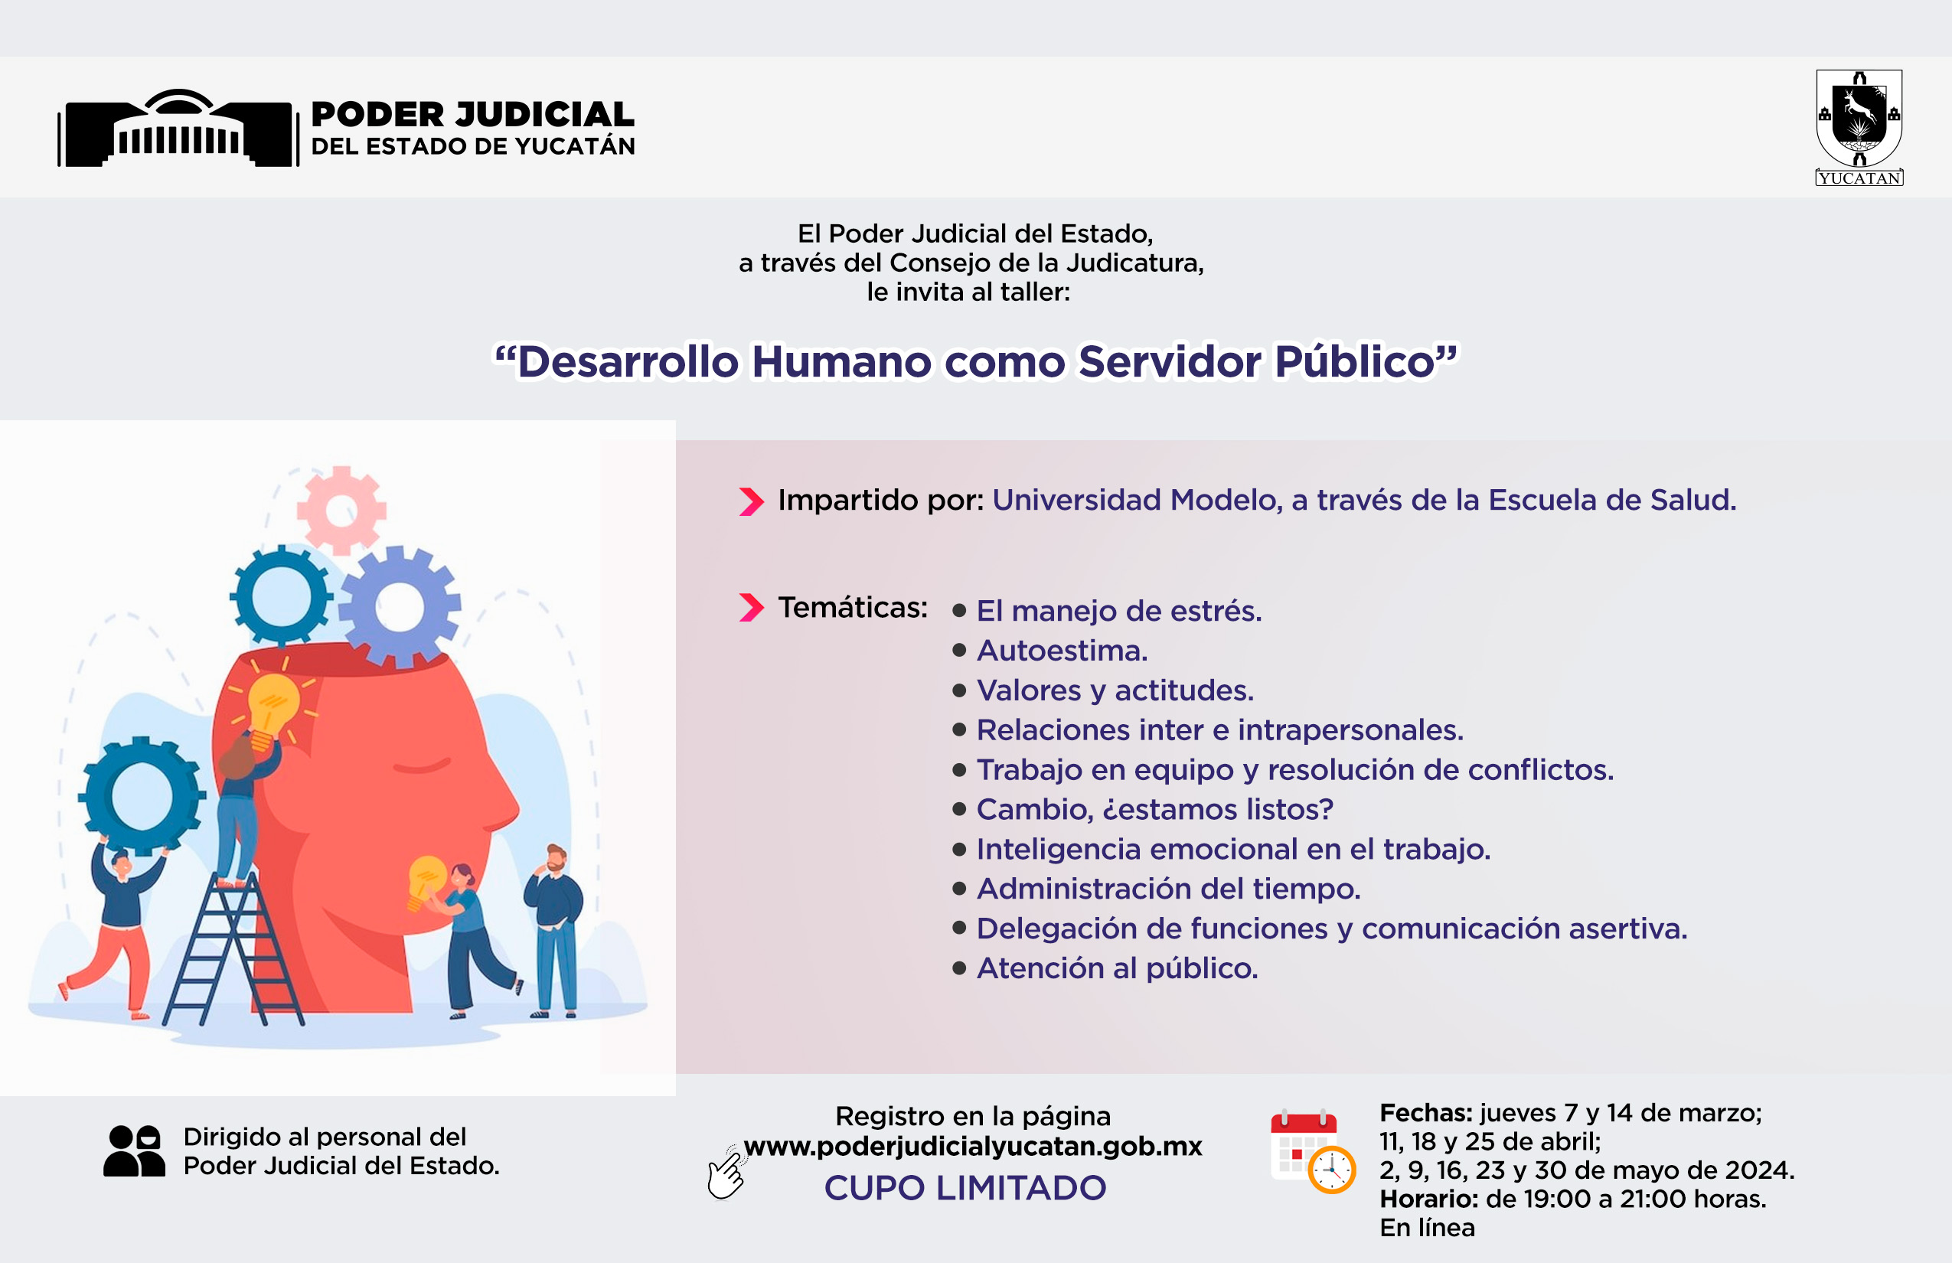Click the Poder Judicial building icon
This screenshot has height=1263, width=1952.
click(178, 128)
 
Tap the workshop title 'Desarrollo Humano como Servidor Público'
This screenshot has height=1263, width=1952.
click(976, 361)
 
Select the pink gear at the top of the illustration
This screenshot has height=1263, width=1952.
click(341, 510)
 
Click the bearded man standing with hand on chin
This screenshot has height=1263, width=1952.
click(555, 931)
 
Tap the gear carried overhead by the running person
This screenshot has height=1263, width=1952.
click(141, 795)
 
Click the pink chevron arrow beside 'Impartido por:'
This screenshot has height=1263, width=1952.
click(751, 501)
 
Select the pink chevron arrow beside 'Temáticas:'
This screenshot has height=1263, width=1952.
click(751, 608)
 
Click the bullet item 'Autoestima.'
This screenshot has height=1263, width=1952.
click(1061, 651)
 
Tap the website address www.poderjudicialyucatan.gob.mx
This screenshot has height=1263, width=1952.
click(973, 1146)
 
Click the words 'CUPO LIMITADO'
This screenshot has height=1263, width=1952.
click(965, 1187)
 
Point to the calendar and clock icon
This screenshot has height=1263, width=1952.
click(1312, 1151)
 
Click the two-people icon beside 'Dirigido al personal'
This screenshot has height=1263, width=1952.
click(135, 1150)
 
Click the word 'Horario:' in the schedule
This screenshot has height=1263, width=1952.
click(1428, 1199)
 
